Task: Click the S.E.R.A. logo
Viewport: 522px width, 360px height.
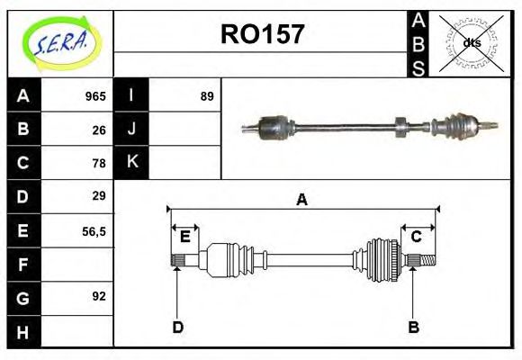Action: pyautogui.click(x=59, y=43)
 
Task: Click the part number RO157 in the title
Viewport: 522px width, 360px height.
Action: pyautogui.click(x=262, y=36)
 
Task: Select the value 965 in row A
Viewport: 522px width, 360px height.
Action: pyautogui.click(x=95, y=96)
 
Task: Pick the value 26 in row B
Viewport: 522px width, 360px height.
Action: pyautogui.click(x=99, y=130)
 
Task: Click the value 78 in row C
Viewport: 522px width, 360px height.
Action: pyautogui.click(x=99, y=163)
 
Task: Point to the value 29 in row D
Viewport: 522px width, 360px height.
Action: pyautogui.click(x=99, y=196)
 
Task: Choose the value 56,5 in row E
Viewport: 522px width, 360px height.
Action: pyautogui.click(x=94, y=230)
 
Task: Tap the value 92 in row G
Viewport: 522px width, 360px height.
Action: pyautogui.click(x=99, y=296)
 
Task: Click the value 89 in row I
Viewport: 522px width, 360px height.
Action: pyautogui.click(x=207, y=96)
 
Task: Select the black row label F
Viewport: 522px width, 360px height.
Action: pyautogui.click(x=22, y=264)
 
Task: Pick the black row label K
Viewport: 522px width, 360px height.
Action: pyautogui.click(x=130, y=163)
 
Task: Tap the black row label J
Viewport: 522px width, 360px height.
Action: pyautogui.click(x=130, y=130)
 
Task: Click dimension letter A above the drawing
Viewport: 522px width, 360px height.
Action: pyautogui.click(x=301, y=200)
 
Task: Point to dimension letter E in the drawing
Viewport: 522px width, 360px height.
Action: pyautogui.click(x=184, y=237)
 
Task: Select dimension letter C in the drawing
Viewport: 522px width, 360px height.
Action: pyautogui.click(x=417, y=237)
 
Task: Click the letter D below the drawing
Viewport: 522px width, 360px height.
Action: pyautogui.click(x=177, y=328)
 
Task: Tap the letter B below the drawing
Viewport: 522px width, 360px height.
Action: pyautogui.click(x=413, y=328)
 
